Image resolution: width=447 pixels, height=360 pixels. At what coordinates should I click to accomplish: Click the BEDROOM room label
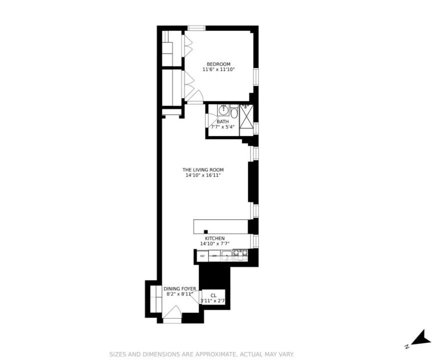pos(218,64)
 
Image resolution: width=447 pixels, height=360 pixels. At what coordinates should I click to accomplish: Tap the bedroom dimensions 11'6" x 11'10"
pos(218,70)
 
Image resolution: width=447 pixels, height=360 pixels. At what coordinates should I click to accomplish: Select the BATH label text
pos(222,121)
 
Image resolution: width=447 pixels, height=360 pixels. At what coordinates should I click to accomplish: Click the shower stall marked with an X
pos(246,120)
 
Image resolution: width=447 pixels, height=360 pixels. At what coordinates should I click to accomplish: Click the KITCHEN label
pos(215,238)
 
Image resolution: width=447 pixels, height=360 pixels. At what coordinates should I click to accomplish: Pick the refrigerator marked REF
pos(202,256)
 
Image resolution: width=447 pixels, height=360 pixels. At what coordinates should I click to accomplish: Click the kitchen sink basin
pos(227,256)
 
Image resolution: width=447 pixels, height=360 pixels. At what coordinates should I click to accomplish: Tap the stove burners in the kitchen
pos(240,256)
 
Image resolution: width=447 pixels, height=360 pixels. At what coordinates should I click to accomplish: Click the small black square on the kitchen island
pos(206,231)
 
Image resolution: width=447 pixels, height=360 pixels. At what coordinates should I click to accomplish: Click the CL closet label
pos(213,295)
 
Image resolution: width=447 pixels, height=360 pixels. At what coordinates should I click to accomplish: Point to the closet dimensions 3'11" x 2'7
pos(213,301)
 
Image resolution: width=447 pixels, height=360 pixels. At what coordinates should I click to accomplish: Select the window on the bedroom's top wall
pos(196,28)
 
